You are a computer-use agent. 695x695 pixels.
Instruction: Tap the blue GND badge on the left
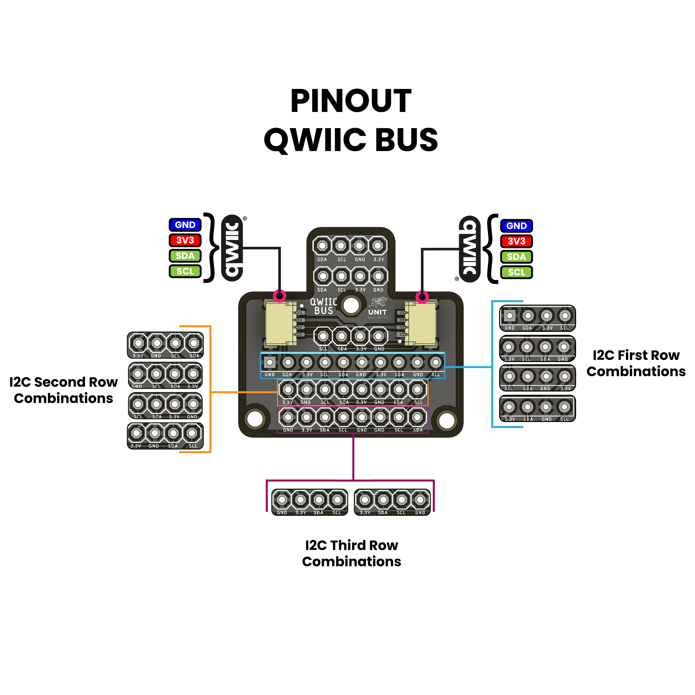click(x=185, y=225)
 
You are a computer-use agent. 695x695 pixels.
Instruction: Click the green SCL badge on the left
click(x=185, y=271)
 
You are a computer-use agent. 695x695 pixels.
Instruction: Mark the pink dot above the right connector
click(x=422, y=297)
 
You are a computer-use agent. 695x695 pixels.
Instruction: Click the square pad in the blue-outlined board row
click(x=269, y=362)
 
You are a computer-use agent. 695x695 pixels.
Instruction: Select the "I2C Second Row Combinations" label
click(x=63, y=390)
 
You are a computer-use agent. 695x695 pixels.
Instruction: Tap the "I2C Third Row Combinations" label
click(x=351, y=553)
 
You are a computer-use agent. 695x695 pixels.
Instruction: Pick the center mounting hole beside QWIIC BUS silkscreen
click(x=351, y=305)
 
